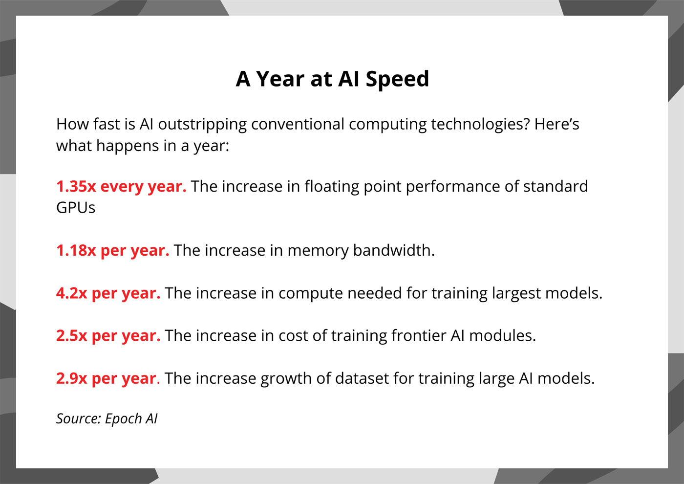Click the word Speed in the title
pyautogui.click(x=397, y=79)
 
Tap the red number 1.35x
pyautogui.click(x=76, y=186)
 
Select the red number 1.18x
pyautogui.click(x=76, y=250)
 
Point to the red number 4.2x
pyautogui.click(x=72, y=293)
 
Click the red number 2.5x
pyautogui.click(x=72, y=335)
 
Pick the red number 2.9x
pyautogui.click(x=72, y=378)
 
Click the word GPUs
pyautogui.click(x=76, y=208)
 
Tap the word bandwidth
pyautogui.click(x=394, y=250)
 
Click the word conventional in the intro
pyautogui.click(x=298, y=124)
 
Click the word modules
pyautogui.click(x=502, y=335)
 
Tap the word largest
pyautogui.click(x=516, y=294)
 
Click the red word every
pyautogui.click(x=122, y=187)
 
